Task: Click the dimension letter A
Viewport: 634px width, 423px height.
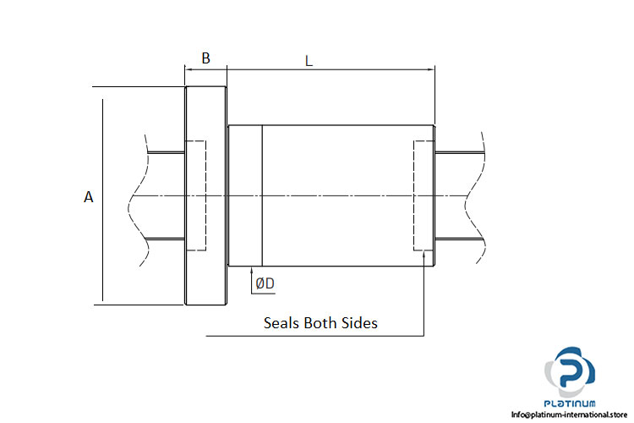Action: point(88,197)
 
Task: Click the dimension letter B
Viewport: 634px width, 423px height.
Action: point(205,58)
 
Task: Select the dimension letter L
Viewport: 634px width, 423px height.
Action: point(309,61)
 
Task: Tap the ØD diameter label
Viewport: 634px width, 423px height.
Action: point(265,284)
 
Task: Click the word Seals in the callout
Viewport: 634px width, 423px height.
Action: point(282,322)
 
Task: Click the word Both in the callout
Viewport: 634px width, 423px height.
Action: point(322,322)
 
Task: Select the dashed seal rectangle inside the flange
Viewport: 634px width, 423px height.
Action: point(195,195)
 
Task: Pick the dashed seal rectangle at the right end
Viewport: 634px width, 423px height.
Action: point(423,195)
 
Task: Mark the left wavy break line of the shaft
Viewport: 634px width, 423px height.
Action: point(135,196)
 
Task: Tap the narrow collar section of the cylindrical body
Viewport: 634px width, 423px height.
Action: point(245,195)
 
